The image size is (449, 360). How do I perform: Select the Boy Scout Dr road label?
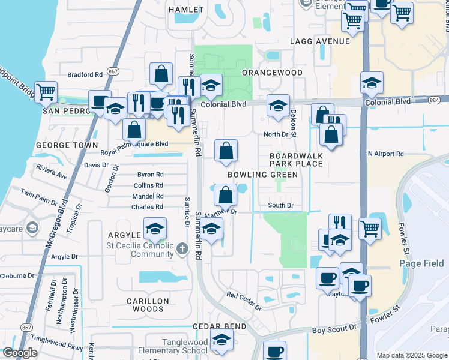335,330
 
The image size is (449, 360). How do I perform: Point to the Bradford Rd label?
85,75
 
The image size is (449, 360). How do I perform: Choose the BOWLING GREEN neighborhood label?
262,175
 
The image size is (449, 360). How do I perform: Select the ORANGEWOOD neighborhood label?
272,73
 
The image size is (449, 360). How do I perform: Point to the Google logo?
20,353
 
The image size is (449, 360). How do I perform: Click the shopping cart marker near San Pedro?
46,92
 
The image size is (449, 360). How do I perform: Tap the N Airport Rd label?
386,154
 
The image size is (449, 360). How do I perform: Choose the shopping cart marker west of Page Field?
370,229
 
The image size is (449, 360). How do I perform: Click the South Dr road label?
280,206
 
